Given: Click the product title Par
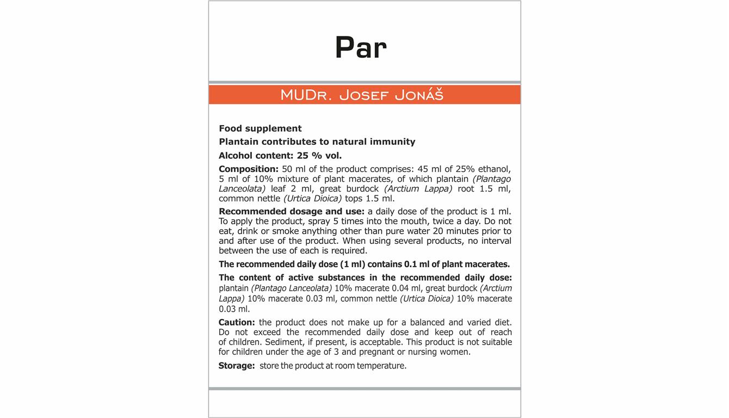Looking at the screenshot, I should click(x=361, y=48).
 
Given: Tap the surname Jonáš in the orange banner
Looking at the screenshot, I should click(x=419, y=95).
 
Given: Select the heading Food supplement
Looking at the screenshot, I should click(x=260, y=128).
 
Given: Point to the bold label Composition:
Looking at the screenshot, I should click(x=249, y=169).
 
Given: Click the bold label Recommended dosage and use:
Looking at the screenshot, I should click(x=292, y=211).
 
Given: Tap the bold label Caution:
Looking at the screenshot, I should click(x=237, y=322).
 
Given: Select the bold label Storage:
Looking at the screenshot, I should click(x=237, y=366).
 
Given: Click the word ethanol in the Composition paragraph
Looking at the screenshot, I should click(x=492, y=169).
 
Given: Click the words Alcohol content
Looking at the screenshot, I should click(x=256, y=155).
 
